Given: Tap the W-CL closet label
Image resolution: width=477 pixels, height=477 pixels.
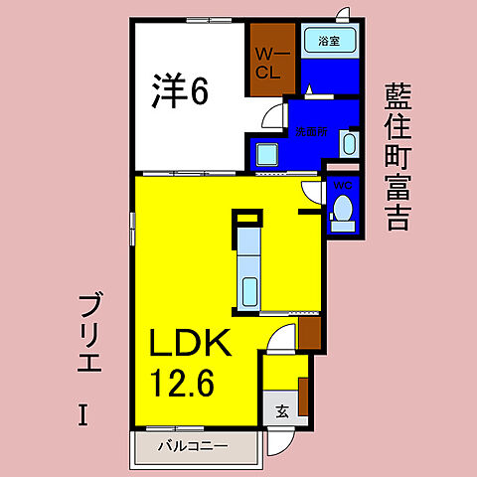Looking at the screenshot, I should point(268,63).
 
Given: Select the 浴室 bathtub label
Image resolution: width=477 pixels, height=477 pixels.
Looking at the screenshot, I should point(328,42).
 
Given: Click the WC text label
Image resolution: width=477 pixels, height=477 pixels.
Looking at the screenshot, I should point(341,185).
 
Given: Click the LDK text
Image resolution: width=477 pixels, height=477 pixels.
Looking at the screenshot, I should point(191,343).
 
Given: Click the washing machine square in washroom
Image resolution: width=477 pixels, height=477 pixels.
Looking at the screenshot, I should point(265,155).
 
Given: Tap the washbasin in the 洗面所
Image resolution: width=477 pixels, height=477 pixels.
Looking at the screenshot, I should point(348,145).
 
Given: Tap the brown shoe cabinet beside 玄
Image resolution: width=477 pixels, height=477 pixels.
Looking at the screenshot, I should point(304,396).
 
